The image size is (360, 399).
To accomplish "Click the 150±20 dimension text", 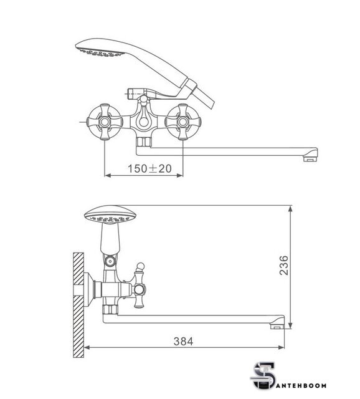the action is (149, 168).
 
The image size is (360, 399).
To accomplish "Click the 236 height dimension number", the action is (284, 266).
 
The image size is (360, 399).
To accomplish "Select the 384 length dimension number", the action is (183, 342).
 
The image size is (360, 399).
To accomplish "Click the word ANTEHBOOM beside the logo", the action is (302, 386).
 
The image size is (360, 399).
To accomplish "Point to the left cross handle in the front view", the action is (105, 122).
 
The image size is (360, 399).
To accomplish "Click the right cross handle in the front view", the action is (182, 122).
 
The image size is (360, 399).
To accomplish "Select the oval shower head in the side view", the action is (110, 215).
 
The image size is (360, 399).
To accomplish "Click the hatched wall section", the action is (78, 305).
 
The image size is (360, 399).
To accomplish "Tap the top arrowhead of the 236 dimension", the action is (290, 209).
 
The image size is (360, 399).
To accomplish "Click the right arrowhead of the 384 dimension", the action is (281, 347).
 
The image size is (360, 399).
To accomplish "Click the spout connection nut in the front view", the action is (144, 142).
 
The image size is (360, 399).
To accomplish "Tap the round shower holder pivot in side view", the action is (110, 261).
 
